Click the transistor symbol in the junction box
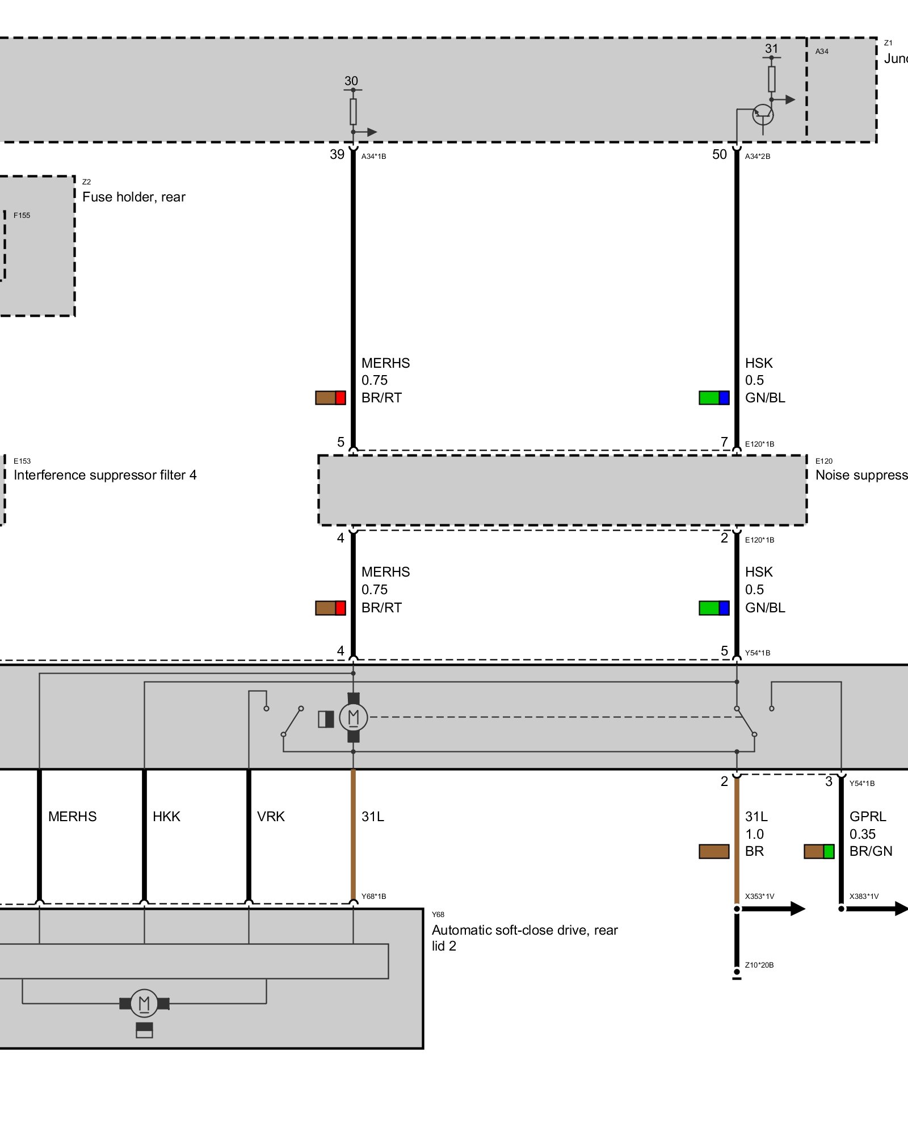click(762, 115)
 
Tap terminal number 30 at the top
click(351, 81)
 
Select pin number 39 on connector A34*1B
click(337, 154)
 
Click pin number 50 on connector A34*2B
click(719, 154)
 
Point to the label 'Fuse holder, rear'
click(134, 197)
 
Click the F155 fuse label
click(22, 216)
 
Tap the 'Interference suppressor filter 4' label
click(105, 475)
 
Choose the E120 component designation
click(823, 461)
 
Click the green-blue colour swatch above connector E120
click(714, 398)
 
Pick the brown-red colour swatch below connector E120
click(330, 608)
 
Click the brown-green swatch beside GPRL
click(819, 851)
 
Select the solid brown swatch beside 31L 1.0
click(714, 851)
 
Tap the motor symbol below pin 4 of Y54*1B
click(353, 718)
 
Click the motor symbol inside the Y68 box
click(144, 1003)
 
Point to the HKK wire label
click(166, 817)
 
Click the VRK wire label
click(271, 817)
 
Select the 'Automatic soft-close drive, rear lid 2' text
click(524, 938)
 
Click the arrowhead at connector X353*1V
click(797, 909)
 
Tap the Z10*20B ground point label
click(759, 965)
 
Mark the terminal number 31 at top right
click(771, 49)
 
